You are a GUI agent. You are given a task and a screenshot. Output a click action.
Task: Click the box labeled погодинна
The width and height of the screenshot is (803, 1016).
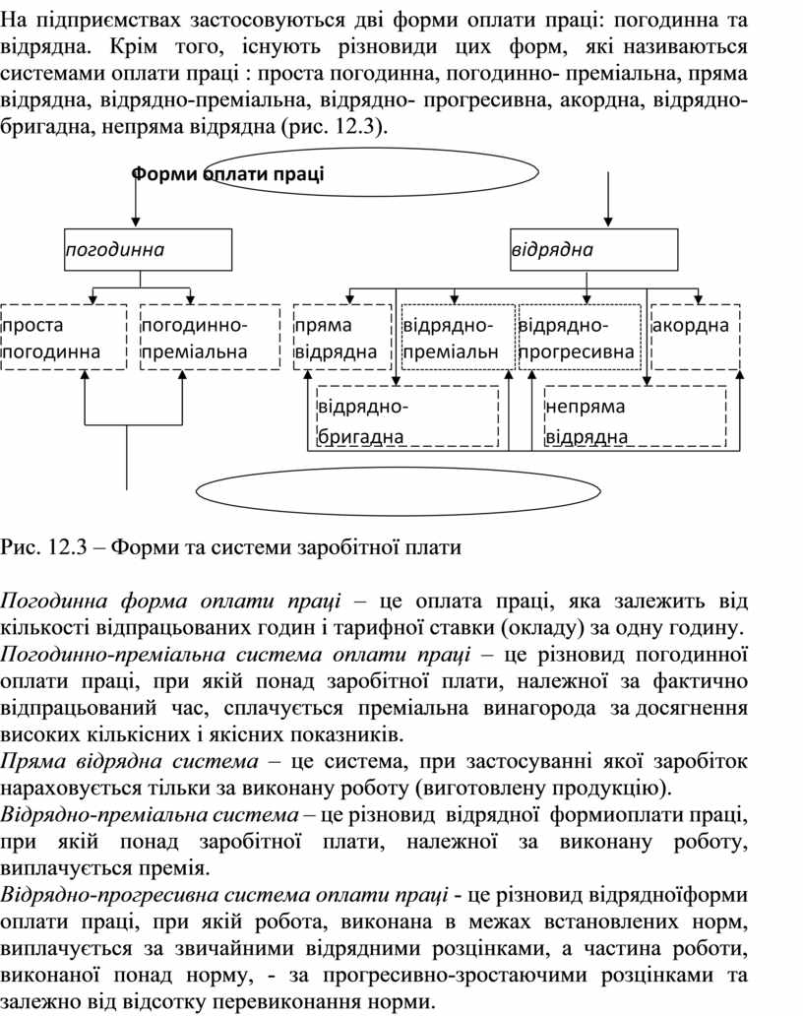148,249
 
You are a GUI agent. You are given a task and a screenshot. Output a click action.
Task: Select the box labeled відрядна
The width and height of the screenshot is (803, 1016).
593,249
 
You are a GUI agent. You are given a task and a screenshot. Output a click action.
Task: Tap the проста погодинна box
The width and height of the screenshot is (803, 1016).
64,337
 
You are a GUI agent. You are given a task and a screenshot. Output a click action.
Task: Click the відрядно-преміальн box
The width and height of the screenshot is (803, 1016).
458,337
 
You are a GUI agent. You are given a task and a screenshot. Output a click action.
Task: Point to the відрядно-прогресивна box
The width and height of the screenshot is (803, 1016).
577,337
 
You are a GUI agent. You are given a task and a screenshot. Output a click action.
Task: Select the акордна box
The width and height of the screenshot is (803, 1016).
696,337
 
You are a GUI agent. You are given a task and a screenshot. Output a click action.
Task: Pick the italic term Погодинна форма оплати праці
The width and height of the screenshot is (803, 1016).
171,600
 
